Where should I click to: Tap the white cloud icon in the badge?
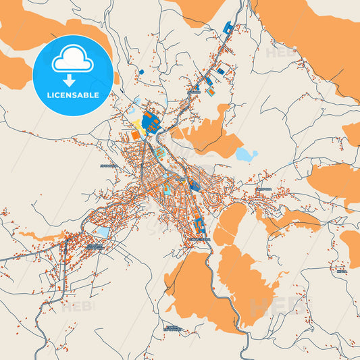pos(72,60)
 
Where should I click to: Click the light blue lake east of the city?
pos(245,155)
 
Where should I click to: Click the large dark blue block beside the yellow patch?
pos(151,122)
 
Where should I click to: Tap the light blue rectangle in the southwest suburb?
pos(103,232)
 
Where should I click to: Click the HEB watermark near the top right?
pos(277,53)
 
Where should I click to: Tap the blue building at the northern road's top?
pos(229,28)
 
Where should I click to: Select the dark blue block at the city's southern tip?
pos(199,226)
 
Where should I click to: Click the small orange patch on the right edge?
pos(351,134)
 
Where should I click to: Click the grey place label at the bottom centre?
pos(174,328)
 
